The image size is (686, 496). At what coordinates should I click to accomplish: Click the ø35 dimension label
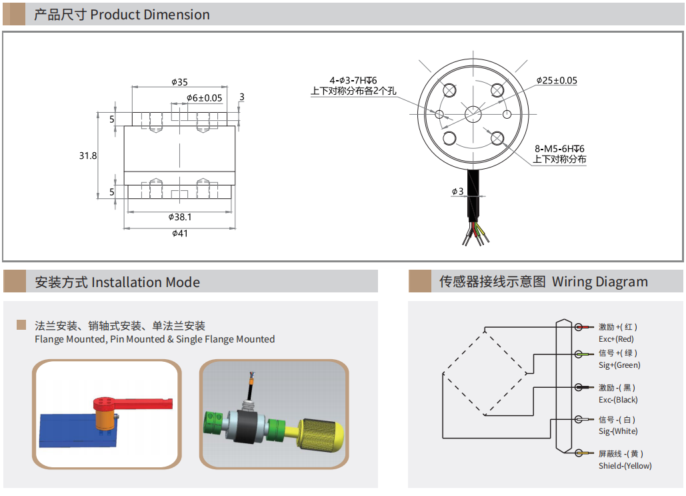[179, 82]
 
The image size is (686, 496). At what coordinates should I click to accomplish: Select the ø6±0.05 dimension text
[204, 97]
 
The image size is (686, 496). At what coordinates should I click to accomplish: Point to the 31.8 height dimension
[88, 156]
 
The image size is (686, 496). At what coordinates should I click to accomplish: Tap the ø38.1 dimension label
[180, 217]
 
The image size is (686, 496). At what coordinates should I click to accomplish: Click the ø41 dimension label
[180, 234]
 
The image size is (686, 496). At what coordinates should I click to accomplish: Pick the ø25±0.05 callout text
[557, 81]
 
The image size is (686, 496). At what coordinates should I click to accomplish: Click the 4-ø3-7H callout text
[353, 80]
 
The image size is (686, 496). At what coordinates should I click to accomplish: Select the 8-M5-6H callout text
[559, 149]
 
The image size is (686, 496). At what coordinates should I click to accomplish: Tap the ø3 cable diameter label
[457, 192]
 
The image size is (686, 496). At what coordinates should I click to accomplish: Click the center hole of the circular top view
[473, 113]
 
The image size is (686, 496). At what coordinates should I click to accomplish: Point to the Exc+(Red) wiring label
[616, 339]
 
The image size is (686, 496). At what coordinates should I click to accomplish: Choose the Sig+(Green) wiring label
[619, 365]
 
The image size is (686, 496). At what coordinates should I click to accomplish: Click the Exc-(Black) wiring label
[618, 400]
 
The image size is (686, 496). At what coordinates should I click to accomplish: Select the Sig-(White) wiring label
[618, 431]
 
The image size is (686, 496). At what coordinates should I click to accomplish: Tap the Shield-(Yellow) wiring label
[625, 466]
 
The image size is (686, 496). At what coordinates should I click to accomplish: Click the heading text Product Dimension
[149, 15]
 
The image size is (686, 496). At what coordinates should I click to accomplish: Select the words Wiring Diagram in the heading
[599, 282]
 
